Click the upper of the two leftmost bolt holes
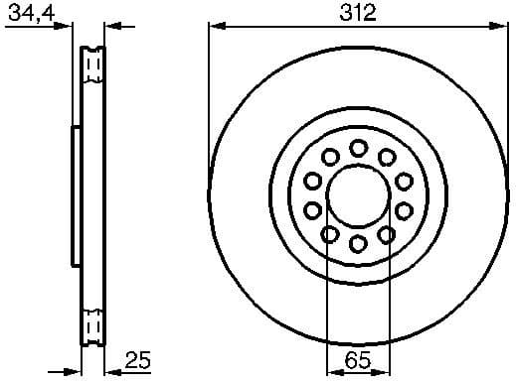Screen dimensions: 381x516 [312, 181]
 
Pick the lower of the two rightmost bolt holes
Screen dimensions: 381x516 [405, 209]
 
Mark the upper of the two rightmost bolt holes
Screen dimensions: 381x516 [405, 181]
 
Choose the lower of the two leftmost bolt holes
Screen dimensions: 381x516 [312, 209]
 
